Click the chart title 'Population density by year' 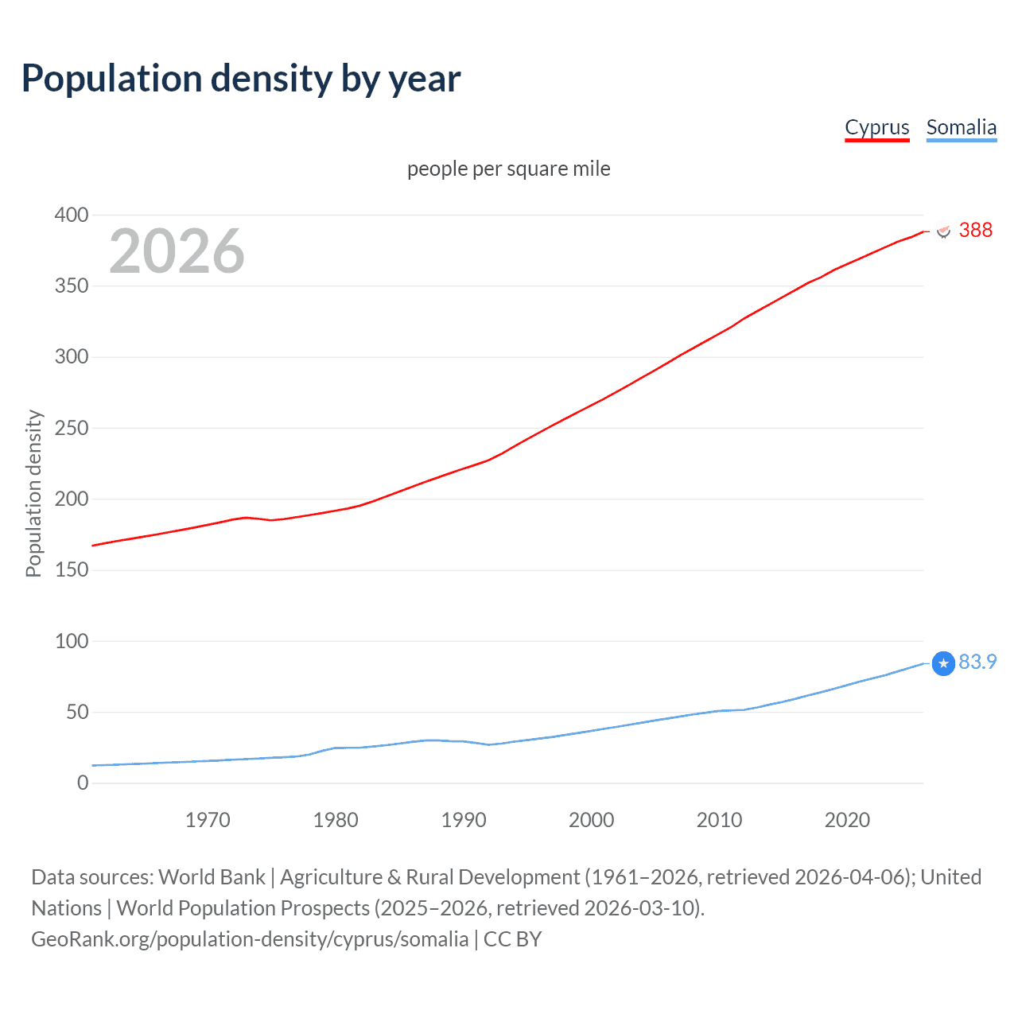[241, 79]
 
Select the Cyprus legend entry [876, 127]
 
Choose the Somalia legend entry [961, 127]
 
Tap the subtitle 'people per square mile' [508, 169]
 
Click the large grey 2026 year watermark [177, 251]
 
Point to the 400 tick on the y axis [72, 215]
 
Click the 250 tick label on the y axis [72, 428]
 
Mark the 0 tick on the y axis [83, 783]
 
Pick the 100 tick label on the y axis [72, 641]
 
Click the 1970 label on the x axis [208, 820]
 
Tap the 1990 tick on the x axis [464, 820]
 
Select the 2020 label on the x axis [847, 820]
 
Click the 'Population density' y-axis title [33, 493]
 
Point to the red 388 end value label [975, 230]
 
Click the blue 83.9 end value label [977, 662]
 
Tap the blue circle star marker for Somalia [942, 663]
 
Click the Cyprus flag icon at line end [943, 231]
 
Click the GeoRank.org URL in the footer [250, 938]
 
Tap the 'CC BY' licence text [512, 938]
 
